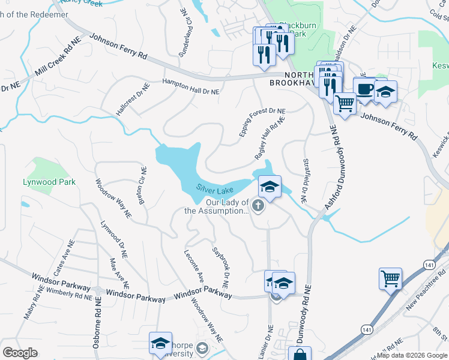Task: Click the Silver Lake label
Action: click(x=215, y=189)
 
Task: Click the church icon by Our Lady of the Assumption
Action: click(x=258, y=207)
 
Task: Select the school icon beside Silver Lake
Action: click(x=270, y=187)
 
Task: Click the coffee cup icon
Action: click(x=365, y=89)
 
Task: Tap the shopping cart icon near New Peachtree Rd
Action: click(x=390, y=279)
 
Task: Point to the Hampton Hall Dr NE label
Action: click(x=191, y=88)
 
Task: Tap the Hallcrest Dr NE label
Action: click(x=133, y=100)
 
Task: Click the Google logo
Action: click(x=20, y=353)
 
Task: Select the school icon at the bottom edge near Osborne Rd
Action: click(x=160, y=343)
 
